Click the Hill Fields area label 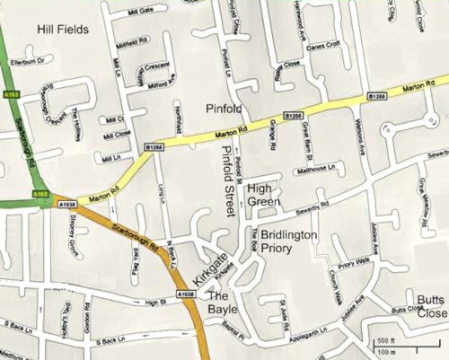(x=62, y=30)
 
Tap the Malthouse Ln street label (x=321, y=168)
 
